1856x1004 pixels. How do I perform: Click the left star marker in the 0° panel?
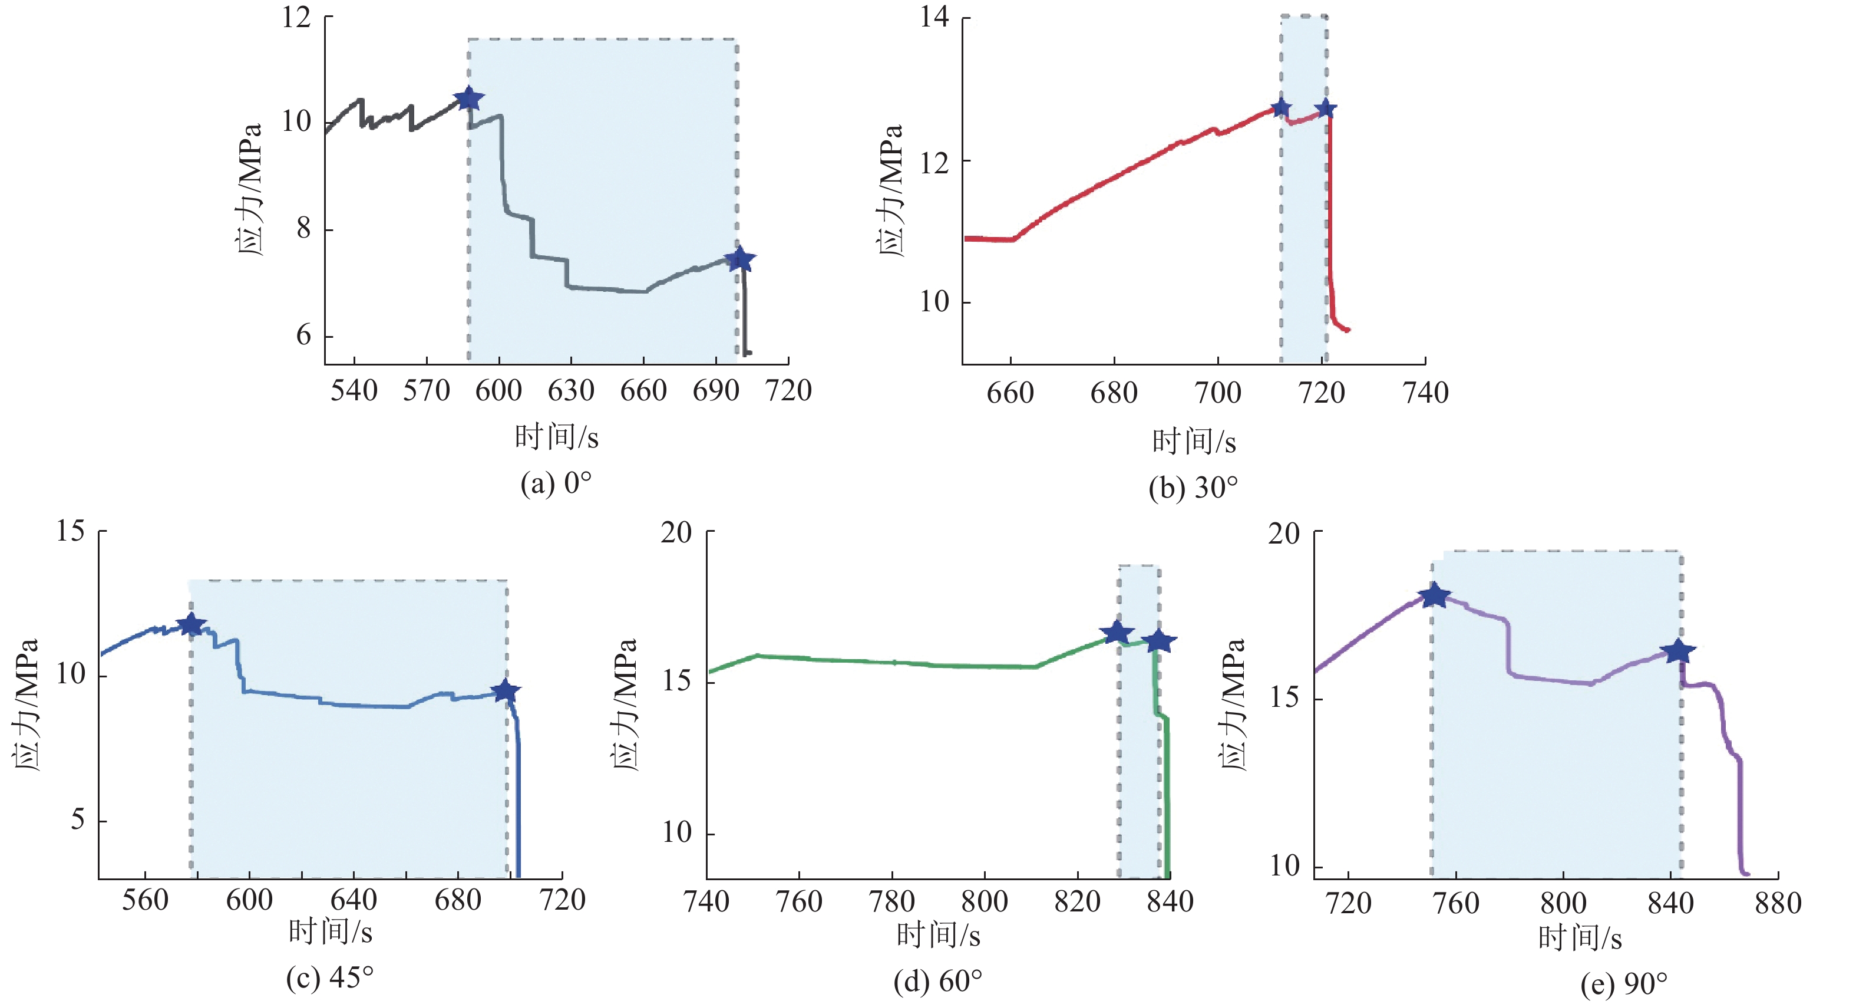pyautogui.click(x=469, y=98)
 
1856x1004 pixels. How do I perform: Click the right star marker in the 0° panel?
pyautogui.click(x=740, y=259)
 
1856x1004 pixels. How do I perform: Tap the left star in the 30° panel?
pyautogui.click(x=1281, y=108)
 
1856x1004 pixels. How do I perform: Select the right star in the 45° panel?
pyautogui.click(x=506, y=691)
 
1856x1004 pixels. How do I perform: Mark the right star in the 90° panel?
pyautogui.click(x=1679, y=651)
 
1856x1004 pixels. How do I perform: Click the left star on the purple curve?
pyautogui.click(x=1434, y=595)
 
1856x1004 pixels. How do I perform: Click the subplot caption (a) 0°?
pyautogui.click(x=556, y=483)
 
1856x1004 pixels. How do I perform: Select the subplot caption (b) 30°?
pyautogui.click(x=1193, y=488)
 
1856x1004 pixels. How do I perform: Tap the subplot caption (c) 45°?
pyautogui.click(x=330, y=977)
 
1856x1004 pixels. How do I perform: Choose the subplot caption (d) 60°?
pyautogui.click(x=937, y=981)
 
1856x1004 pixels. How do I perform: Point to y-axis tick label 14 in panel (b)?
pyautogui.click(x=934, y=17)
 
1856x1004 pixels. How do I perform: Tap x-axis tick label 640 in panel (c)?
pyautogui.click(x=353, y=900)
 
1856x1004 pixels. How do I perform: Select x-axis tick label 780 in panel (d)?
pyautogui.click(x=892, y=901)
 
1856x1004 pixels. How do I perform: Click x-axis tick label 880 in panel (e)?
pyautogui.click(x=1778, y=903)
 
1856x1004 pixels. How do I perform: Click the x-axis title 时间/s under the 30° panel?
pyautogui.click(x=1194, y=441)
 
